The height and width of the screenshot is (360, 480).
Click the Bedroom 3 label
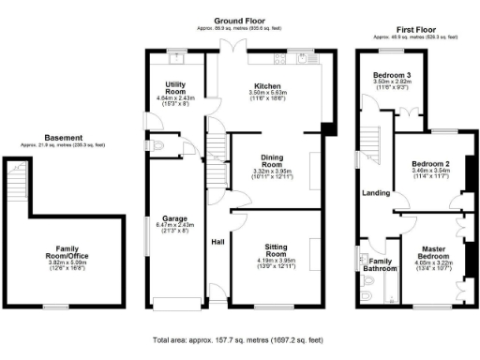coord(393,74)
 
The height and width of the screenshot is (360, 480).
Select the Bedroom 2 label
coord(430,164)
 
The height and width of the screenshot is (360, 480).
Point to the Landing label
coord(376,193)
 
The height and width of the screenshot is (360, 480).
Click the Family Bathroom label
coord(381,264)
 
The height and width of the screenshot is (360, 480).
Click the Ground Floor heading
coord(239,21)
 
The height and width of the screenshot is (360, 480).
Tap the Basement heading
coord(64,137)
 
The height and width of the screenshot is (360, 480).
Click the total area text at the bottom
coord(238,338)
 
